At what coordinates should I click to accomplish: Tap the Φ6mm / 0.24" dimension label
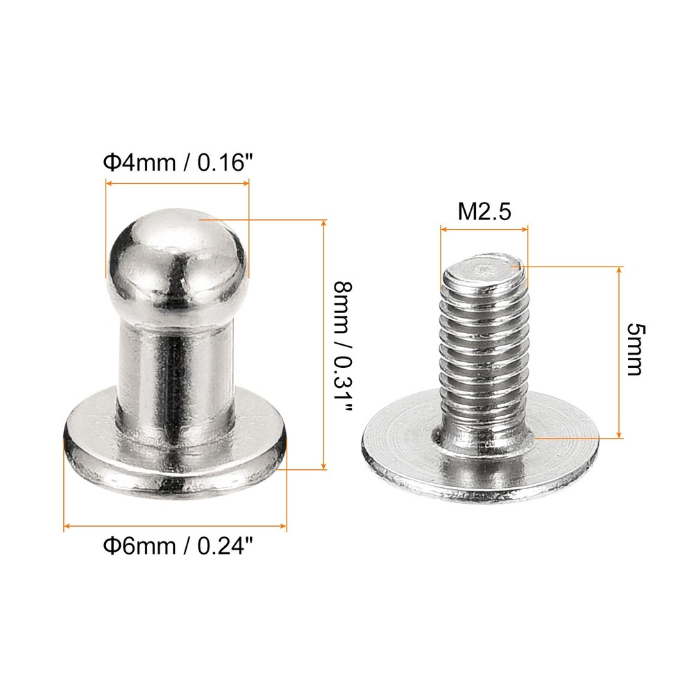click(176, 548)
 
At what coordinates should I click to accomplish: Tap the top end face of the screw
click(483, 266)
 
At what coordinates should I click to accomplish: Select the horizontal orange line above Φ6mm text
click(175, 527)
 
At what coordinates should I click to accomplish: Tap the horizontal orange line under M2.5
click(484, 226)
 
